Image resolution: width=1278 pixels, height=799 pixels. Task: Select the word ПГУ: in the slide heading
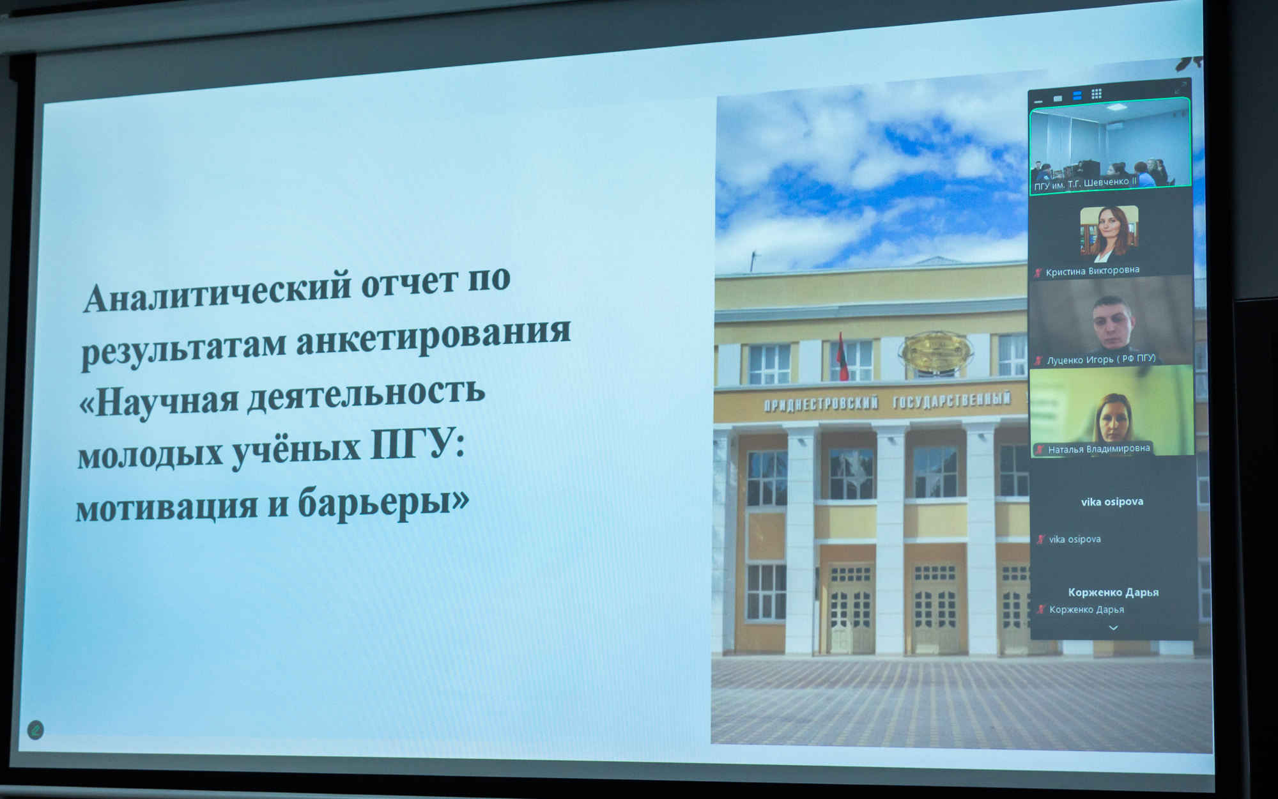coord(418,445)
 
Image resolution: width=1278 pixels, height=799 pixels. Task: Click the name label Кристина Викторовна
coord(1092,271)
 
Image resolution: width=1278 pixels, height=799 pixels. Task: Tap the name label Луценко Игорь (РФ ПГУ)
coord(1101,359)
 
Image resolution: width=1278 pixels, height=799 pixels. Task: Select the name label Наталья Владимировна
coord(1099,449)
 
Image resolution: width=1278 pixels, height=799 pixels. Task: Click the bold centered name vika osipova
coord(1112,502)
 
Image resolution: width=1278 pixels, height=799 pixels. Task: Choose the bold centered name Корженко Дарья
coord(1113,593)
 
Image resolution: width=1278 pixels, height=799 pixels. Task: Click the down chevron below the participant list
coord(1113,628)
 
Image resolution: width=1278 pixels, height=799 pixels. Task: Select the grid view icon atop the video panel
coord(1097,94)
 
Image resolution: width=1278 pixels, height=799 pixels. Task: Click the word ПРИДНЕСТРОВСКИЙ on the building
coord(821,405)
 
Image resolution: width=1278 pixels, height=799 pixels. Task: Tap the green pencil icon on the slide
coord(36,729)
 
